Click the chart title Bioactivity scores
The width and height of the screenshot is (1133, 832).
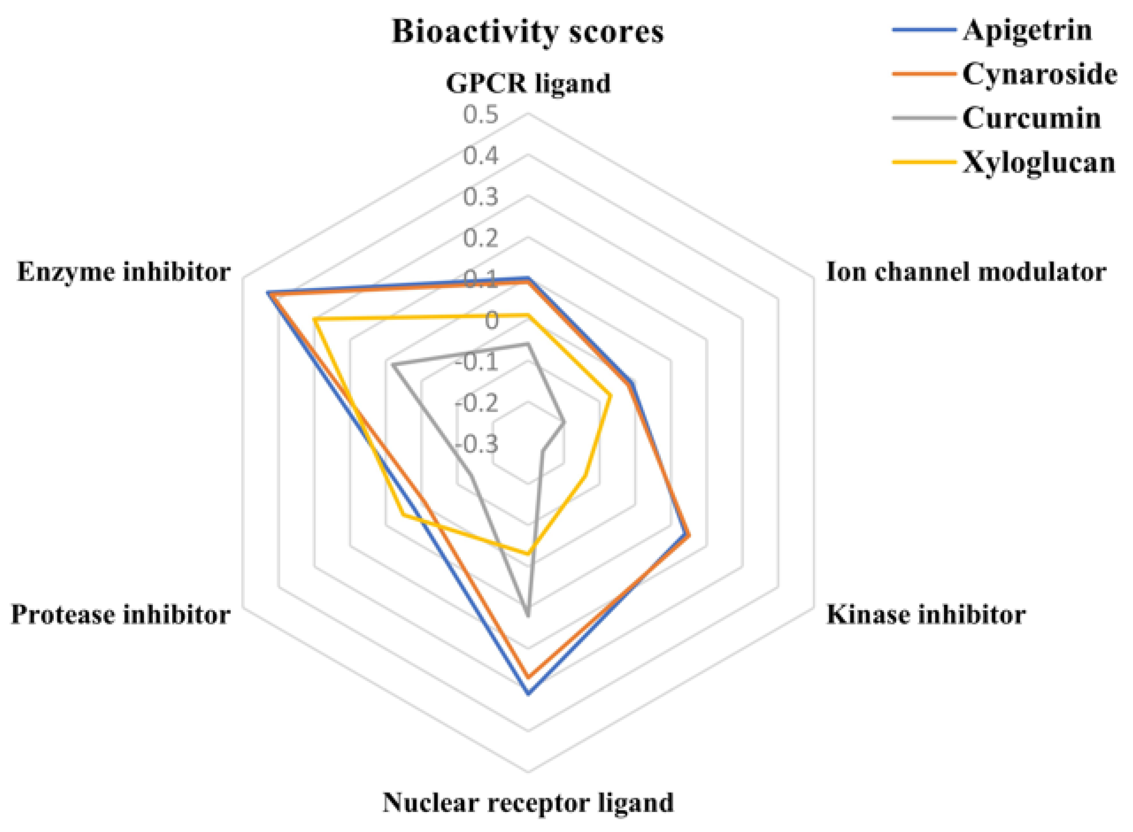point(528,32)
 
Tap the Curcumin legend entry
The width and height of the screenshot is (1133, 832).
point(1031,118)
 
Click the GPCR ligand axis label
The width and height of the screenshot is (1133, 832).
point(528,83)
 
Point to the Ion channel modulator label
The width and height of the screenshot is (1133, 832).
point(966,272)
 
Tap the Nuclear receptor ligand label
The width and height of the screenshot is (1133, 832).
point(528,802)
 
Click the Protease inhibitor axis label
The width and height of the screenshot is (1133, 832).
point(121,615)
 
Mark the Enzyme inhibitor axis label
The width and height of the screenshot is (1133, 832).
point(124,272)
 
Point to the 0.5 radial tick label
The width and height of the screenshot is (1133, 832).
point(481,115)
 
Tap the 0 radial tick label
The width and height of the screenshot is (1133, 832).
point(491,320)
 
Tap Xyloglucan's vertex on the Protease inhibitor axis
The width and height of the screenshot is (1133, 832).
point(402,515)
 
